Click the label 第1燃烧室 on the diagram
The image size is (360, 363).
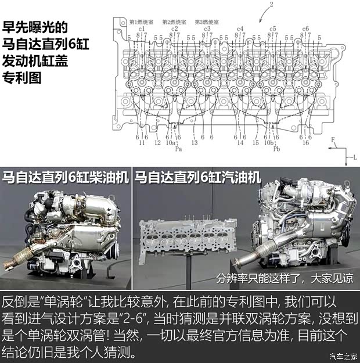tap(141, 22)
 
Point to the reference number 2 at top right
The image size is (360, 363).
tap(271, 4)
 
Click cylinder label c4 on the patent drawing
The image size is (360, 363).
tap(240, 28)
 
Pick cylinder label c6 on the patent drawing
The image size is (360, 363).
tap(305, 28)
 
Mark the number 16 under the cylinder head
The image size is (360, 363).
tap(305, 142)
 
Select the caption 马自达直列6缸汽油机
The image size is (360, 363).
tap(197, 177)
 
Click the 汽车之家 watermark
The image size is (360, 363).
tap(343, 356)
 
